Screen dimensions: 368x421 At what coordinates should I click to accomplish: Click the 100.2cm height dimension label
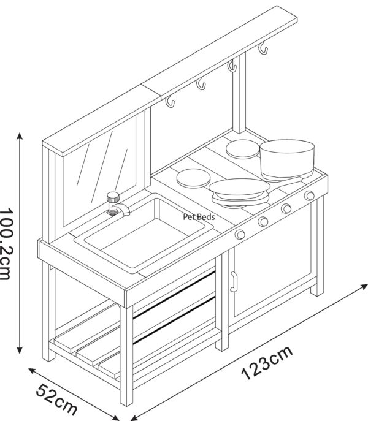[7, 243]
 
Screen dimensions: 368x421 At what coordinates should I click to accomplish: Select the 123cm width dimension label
[266, 363]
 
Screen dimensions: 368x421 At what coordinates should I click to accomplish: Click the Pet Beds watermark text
[199, 217]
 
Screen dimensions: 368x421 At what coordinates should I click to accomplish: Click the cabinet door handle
[233, 281]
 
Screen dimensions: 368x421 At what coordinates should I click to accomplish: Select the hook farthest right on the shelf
[263, 48]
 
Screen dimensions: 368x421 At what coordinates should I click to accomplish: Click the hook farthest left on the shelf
[170, 102]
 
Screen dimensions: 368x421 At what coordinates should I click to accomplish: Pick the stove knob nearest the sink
[240, 234]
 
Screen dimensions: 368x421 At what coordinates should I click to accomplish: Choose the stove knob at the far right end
[309, 195]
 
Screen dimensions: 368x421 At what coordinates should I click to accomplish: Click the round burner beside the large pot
[243, 149]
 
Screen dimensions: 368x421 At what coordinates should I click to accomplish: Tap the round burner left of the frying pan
[193, 178]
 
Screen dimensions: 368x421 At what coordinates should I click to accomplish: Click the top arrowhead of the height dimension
[20, 136]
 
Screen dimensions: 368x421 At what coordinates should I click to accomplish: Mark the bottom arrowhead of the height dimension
[20, 350]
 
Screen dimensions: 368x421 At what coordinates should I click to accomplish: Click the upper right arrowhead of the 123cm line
[364, 286]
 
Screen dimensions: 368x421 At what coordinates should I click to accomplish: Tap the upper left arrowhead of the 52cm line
[33, 371]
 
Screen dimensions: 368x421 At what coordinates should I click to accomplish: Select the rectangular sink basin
[144, 233]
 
